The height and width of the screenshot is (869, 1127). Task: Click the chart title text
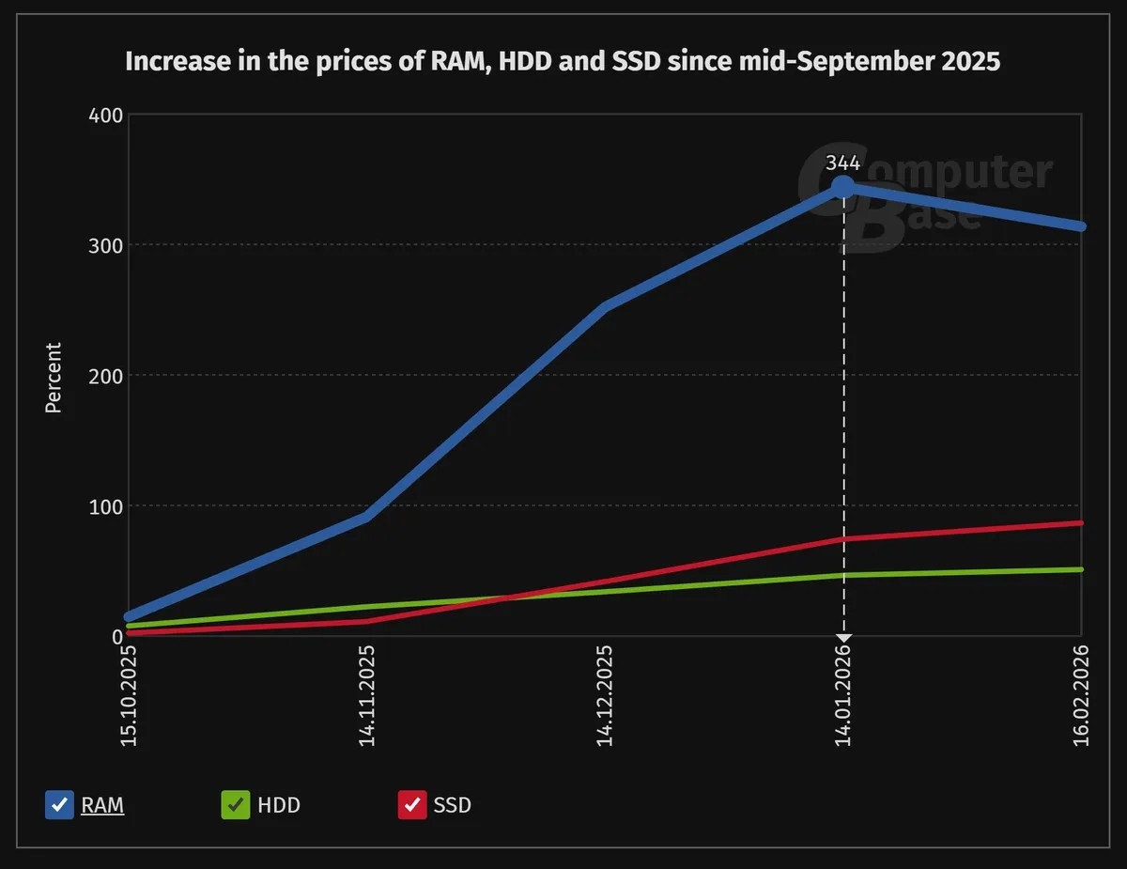click(563, 62)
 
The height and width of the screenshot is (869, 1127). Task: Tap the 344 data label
click(842, 163)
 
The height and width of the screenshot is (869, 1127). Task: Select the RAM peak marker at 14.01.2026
click(843, 187)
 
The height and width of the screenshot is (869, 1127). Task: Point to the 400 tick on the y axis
click(106, 115)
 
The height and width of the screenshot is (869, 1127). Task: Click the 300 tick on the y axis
click(106, 245)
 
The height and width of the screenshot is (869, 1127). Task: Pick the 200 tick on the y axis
click(106, 376)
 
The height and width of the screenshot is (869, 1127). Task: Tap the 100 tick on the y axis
click(106, 506)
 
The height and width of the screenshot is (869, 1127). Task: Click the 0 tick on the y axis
click(116, 637)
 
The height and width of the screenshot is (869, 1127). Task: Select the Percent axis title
click(54, 378)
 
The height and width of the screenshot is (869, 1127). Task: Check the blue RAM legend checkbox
click(59, 805)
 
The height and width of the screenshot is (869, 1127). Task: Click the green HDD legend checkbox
click(235, 805)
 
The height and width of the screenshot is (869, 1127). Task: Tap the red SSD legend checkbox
click(412, 805)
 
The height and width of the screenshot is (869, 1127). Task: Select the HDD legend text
click(279, 805)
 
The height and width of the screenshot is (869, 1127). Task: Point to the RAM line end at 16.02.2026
click(1081, 226)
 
